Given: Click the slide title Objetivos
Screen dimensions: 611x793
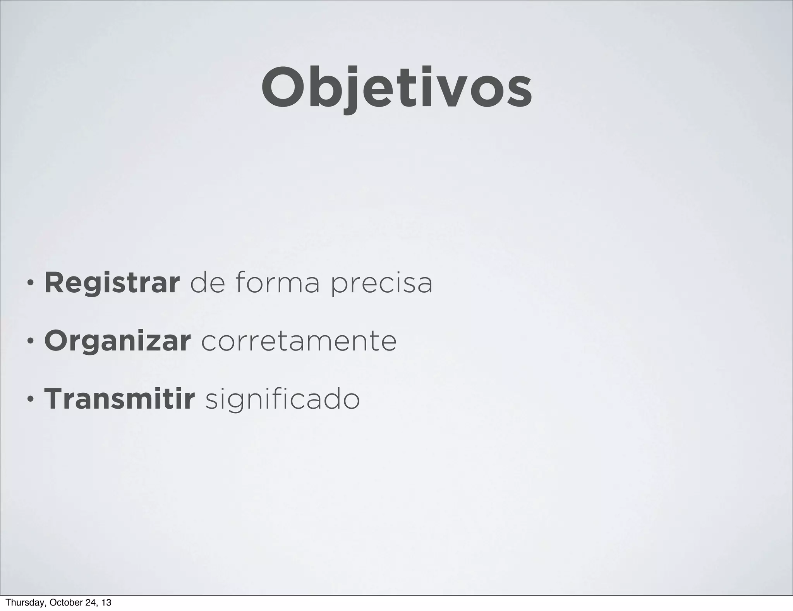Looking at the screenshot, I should [x=396, y=88].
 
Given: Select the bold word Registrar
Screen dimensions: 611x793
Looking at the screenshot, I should [x=112, y=284].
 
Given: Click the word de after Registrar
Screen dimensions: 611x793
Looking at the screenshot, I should [x=208, y=283].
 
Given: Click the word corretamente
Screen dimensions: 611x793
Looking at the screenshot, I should [x=299, y=341].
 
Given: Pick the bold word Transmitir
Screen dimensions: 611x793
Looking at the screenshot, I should [x=119, y=399].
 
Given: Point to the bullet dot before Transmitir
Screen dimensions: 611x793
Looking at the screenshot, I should [x=30, y=401].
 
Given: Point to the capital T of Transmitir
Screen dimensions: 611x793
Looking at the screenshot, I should [x=53, y=399].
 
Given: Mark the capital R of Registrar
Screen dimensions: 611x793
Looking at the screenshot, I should [x=54, y=284].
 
